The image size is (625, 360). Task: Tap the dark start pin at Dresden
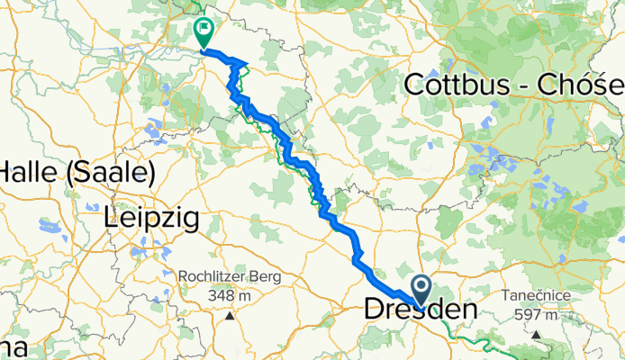coord(421,288)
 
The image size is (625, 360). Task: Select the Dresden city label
coord(420,310)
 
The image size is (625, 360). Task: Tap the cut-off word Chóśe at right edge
coord(576,85)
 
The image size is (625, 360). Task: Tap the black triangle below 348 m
coord(231,315)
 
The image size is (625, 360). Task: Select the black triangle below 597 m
coord(537,335)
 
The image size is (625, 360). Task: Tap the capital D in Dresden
coord(375,310)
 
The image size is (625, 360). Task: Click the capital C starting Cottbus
coord(415,85)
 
